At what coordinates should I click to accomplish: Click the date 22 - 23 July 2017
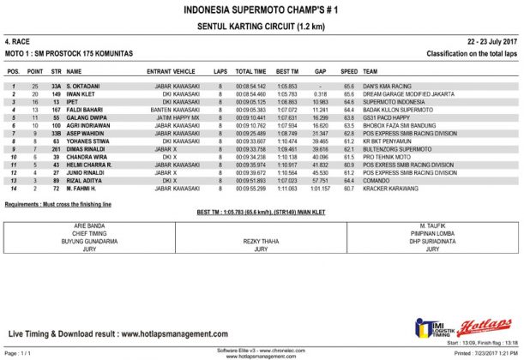(491, 42)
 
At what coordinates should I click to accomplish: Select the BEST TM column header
(287, 72)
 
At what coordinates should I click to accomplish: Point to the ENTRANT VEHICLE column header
(172, 72)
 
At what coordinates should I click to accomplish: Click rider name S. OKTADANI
(84, 87)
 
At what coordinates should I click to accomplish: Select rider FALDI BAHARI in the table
(85, 111)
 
